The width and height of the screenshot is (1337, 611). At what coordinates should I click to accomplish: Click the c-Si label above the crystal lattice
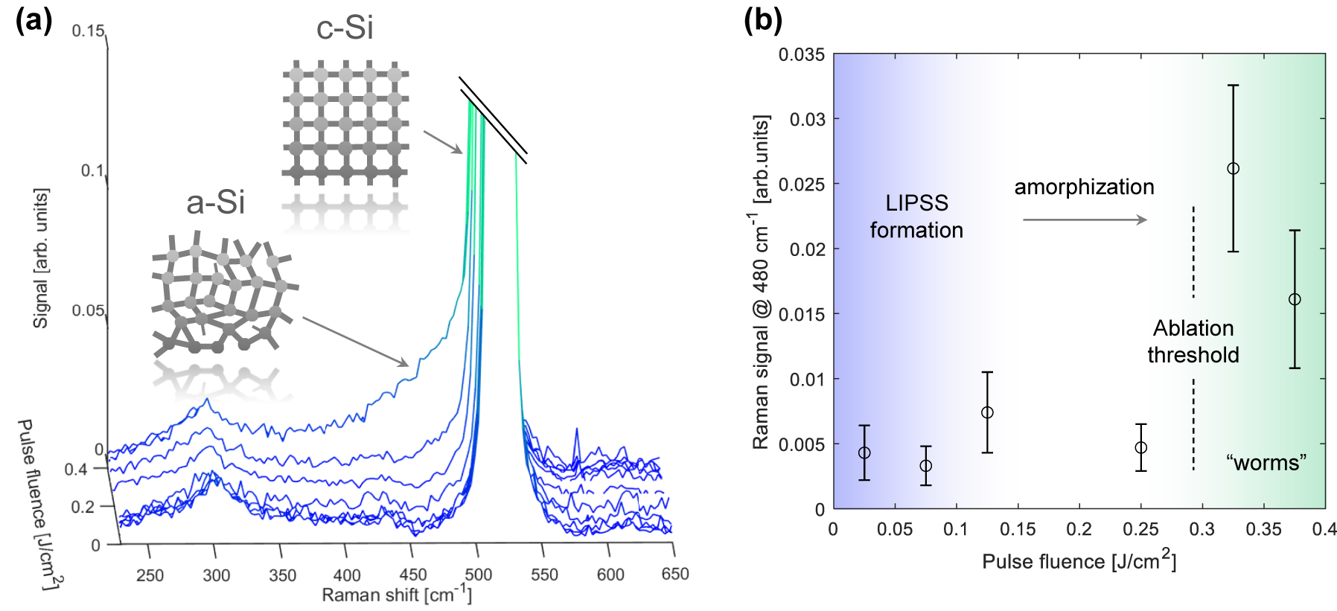345,28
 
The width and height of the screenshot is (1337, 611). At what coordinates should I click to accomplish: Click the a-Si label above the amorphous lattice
215,202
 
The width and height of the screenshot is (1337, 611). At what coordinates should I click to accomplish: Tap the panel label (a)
33,20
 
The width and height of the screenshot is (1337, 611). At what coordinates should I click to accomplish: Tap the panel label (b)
762,20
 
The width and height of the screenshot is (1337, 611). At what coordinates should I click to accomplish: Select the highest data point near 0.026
1233,169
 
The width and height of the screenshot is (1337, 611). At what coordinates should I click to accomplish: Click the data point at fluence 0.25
1140,447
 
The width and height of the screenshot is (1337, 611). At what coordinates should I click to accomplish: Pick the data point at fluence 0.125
987,412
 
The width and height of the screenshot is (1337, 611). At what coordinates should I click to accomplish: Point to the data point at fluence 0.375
1295,299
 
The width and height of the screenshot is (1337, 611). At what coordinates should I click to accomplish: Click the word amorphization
1084,187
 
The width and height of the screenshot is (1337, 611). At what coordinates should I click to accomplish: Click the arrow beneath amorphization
1085,220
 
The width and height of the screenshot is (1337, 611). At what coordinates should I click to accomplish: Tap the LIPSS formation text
916,217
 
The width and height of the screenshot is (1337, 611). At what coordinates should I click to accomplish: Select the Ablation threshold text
1193,342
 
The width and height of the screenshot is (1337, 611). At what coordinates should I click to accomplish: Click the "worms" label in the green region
1266,463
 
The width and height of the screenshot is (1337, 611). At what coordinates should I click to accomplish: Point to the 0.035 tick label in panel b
801,55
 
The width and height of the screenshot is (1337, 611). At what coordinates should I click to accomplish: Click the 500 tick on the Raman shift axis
478,575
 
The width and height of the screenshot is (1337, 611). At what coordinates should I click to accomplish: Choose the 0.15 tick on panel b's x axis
1018,529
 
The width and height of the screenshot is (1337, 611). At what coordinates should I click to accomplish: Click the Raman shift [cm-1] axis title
397,595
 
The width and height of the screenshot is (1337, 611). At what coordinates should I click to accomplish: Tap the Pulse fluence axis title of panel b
1079,561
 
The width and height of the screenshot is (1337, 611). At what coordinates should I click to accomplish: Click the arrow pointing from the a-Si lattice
356,342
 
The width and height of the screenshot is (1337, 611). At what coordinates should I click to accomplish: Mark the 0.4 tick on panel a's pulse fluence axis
75,470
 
